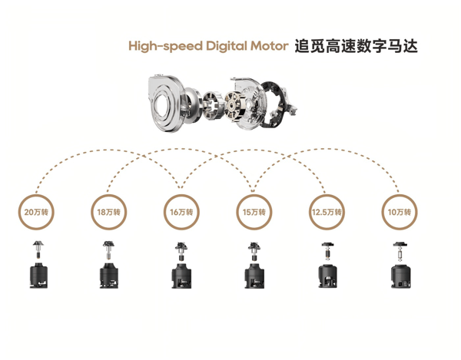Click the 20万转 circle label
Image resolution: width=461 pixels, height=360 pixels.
(x=35, y=211)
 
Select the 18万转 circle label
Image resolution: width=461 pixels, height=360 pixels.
(x=108, y=211)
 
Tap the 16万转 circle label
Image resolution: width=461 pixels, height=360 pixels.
(x=181, y=211)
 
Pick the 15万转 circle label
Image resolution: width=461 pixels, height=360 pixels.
(x=254, y=211)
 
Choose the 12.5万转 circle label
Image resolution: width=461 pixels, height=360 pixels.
(x=327, y=211)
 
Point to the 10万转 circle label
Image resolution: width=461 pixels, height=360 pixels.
(x=400, y=211)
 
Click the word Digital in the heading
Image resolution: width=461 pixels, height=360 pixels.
(x=226, y=46)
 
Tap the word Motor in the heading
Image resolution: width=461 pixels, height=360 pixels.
(x=268, y=46)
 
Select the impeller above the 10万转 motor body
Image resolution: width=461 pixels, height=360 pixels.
(x=400, y=247)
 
